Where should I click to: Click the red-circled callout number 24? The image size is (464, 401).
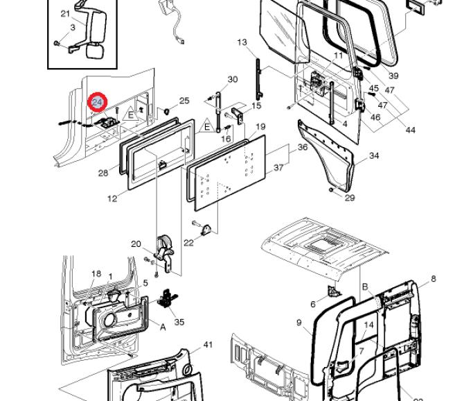pos(97,103)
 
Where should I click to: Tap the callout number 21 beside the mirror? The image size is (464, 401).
pos(65,13)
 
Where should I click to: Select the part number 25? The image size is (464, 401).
pos(184,101)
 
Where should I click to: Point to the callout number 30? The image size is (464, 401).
pos(232,80)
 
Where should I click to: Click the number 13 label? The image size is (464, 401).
pos(242,43)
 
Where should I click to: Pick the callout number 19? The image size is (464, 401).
pos(260,127)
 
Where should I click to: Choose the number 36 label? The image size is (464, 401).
pos(303,147)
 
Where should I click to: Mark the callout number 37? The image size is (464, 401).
pos(279,169)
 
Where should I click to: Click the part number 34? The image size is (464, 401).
pos(374,156)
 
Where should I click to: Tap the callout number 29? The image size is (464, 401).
pos(350,198)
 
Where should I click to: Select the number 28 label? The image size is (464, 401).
pos(103,173)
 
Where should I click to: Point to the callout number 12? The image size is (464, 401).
pos(112,199)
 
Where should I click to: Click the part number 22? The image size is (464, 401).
pos(188,242)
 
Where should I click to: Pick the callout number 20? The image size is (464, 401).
pos(136,244)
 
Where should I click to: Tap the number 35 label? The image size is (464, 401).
pos(179,322)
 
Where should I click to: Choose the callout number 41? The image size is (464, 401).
pos(208,345)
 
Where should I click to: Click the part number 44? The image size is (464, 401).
pos(411,130)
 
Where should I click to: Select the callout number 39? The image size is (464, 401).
pos(393,76)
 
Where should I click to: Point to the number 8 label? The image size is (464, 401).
pos(433,279)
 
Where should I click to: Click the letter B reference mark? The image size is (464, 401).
pos(365,286)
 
